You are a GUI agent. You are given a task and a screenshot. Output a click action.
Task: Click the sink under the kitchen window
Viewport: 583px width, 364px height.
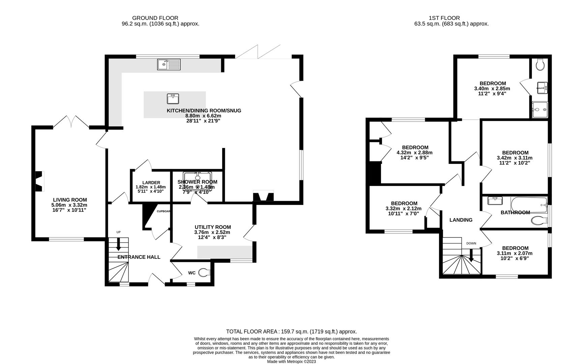tap(169, 64)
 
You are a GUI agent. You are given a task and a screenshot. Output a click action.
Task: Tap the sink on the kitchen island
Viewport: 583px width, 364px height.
tap(173, 99)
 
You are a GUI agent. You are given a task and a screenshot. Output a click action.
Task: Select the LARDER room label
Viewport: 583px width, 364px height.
tap(151, 183)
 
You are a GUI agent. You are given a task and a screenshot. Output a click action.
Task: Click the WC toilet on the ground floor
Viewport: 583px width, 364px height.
tap(203, 272)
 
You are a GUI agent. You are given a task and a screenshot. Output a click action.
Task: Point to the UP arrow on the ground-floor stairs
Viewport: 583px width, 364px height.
tap(118, 244)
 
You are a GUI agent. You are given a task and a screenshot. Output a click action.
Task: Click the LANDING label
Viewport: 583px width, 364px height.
tap(461, 220)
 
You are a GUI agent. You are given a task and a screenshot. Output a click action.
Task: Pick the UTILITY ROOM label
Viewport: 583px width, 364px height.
tap(212, 227)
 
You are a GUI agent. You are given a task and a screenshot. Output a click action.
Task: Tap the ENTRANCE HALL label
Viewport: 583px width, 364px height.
tap(139, 257)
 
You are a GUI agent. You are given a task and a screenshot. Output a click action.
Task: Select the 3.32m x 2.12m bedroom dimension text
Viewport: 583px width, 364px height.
tap(404, 208)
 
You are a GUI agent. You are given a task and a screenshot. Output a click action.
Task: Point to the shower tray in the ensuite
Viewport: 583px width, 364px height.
tap(540, 110)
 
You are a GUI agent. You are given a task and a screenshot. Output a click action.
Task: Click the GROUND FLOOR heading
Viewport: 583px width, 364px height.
tap(155, 18)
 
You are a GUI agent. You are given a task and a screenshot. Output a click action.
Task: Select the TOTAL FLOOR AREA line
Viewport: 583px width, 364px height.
tap(291, 332)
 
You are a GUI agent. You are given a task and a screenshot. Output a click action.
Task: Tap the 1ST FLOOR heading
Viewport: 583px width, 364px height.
tap(444, 18)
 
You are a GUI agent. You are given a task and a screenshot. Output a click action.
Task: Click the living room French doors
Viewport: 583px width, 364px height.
tap(71, 122)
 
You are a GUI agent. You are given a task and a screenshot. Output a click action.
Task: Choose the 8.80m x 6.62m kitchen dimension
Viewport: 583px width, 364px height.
tap(203, 116)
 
